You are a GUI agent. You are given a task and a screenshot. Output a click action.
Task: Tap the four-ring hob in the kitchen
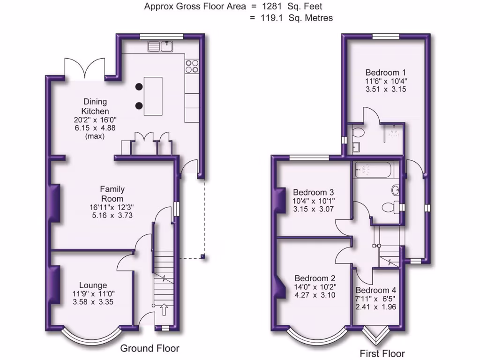click(192, 66)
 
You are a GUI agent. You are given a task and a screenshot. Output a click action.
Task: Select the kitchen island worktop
click(153, 96)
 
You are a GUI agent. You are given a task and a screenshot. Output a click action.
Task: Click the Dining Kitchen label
click(95, 106)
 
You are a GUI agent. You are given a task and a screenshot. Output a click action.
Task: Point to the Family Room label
click(112, 194)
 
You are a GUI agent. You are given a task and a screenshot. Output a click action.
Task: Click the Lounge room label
click(93, 285)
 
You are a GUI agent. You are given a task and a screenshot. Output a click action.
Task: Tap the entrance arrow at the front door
click(164, 309)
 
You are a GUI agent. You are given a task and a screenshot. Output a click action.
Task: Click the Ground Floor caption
click(150, 348)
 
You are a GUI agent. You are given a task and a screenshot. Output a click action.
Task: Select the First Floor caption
click(382, 353)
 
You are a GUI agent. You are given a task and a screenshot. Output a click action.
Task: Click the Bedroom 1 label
click(386, 73)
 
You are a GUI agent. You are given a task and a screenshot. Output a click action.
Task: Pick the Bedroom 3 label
click(313, 192)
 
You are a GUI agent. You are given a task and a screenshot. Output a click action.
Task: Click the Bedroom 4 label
click(372, 290)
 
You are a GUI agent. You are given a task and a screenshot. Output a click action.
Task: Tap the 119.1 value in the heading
click(272, 18)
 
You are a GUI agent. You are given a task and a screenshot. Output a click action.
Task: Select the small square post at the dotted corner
click(202, 256)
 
